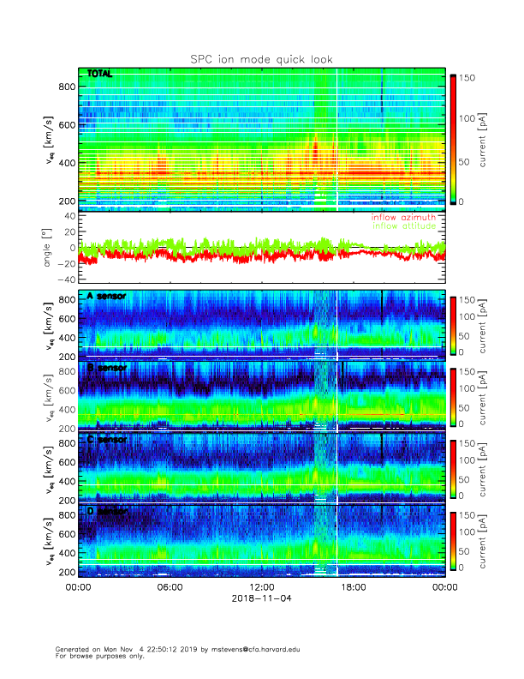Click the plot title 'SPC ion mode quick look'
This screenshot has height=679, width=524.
[261, 59]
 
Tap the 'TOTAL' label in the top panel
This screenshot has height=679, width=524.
[100, 75]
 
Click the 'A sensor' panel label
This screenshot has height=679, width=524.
[107, 297]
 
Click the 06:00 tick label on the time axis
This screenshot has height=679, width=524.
[170, 587]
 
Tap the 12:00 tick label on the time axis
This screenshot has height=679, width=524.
[261, 587]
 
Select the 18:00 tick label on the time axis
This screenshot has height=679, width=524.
[353, 587]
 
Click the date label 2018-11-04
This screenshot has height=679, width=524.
[261, 598]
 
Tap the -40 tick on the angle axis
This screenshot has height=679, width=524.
[67, 279]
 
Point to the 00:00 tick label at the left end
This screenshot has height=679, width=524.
[78, 587]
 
